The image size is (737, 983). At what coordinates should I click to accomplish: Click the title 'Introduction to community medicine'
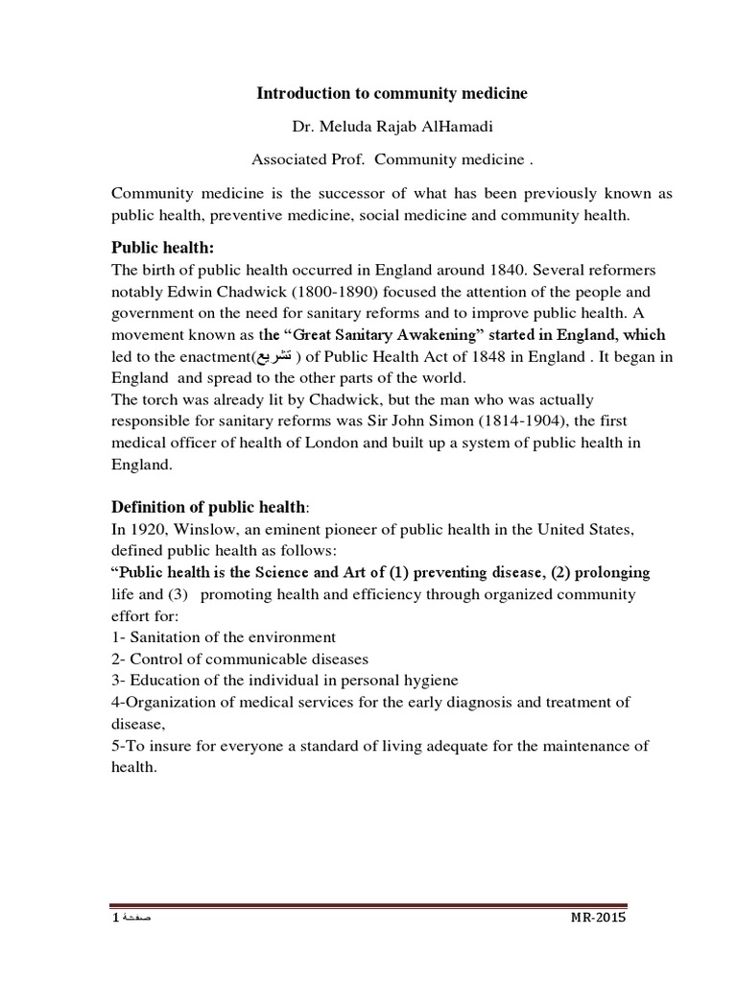[x=392, y=93]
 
